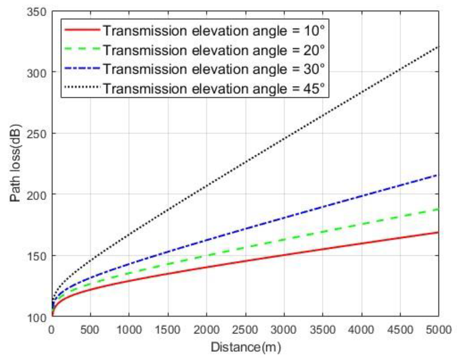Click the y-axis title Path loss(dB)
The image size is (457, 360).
click(x=15, y=163)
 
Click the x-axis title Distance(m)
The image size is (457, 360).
click(x=246, y=347)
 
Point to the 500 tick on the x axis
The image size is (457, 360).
click(x=90, y=330)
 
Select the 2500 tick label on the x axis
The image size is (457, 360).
click(x=245, y=330)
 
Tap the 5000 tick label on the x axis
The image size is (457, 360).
click(x=438, y=330)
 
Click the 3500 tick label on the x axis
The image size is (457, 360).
click(x=322, y=330)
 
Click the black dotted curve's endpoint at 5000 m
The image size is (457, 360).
click(x=438, y=47)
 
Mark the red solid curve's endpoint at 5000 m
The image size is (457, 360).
click(x=438, y=232)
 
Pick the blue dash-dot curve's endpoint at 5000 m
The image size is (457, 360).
click(x=438, y=175)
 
